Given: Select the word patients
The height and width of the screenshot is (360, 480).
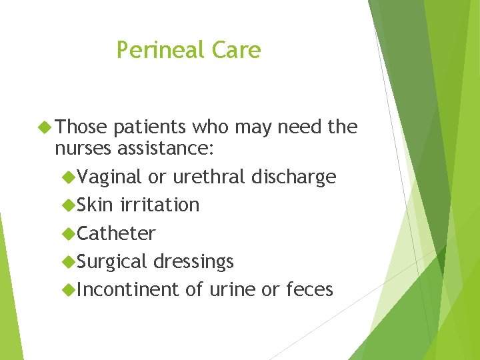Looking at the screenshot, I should (153, 127).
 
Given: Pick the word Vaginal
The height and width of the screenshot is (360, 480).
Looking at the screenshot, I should (109, 177).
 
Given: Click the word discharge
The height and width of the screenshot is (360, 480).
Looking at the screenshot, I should (294, 177).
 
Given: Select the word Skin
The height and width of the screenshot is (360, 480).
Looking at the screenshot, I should (95, 205).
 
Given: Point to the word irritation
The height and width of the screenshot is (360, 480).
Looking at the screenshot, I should (160, 205).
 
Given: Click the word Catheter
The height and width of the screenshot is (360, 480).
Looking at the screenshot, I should (116, 233).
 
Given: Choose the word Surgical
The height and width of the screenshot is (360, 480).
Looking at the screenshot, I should (112, 262).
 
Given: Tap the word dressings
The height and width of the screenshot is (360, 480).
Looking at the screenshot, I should (194, 262).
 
